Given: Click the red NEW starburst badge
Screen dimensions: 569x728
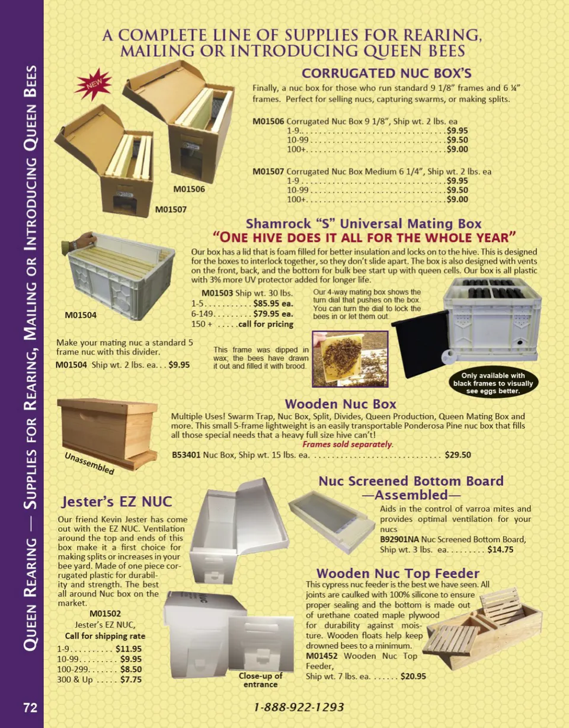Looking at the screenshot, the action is pyautogui.click(x=93, y=84).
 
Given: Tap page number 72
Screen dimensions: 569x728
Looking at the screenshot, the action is pyautogui.click(x=30, y=708).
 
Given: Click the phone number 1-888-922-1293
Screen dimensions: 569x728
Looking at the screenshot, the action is pyautogui.click(x=299, y=707).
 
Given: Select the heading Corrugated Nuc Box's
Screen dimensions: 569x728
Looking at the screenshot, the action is pyautogui.click(x=386, y=73).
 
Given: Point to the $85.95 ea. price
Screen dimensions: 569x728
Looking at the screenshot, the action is pyautogui.click(x=273, y=304).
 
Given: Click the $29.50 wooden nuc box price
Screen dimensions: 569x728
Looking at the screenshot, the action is pyautogui.click(x=458, y=455).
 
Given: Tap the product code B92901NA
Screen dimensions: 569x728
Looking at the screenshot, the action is pyautogui.click(x=399, y=539).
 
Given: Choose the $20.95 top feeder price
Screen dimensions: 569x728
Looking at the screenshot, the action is pyautogui.click(x=413, y=676).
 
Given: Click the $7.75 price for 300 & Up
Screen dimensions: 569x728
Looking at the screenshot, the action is pyautogui.click(x=131, y=679).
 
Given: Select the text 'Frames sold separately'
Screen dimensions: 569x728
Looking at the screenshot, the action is pyautogui.click(x=347, y=444).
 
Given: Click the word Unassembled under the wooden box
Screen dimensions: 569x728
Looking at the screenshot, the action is pyautogui.click(x=89, y=464).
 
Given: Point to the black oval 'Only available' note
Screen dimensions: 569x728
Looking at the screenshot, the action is pyautogui.click(x=493, y=383).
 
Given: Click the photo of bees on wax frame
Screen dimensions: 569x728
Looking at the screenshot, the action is pyautogui.click(x=350, y=359).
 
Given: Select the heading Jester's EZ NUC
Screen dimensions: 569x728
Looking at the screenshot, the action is pyautogui.click(x=117, y=502).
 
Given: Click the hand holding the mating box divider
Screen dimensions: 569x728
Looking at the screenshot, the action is pyautogui.click(x=79, y=242).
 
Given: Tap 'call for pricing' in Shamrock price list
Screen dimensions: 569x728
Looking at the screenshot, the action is pyautogui.click(x=266, y=324).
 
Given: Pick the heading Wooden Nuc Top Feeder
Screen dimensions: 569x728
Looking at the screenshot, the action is pyautogui.click(x=398, y=573).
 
